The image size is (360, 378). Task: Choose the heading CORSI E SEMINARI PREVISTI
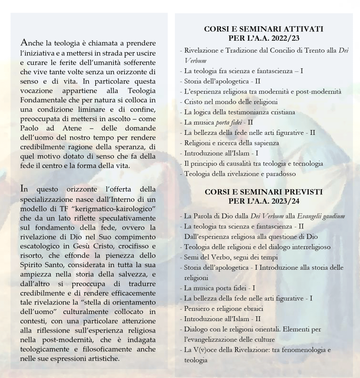point(264,192)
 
